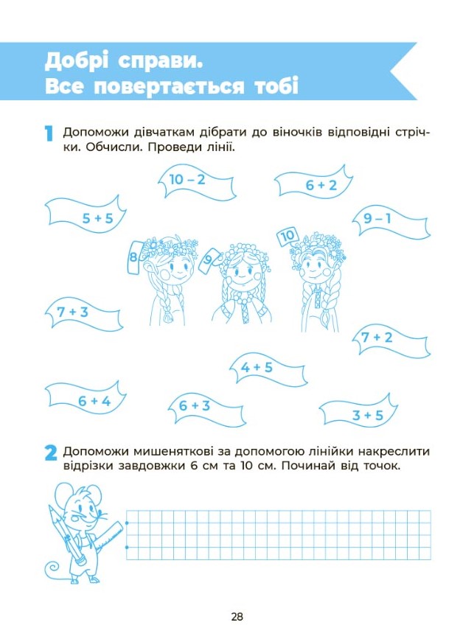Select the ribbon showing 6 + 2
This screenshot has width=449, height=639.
click(x=313, y=184)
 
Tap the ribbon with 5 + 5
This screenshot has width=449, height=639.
click(x=86, y=216)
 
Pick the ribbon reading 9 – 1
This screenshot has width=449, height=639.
click(x=391, y=221)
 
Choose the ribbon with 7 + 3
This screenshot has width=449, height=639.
click(x=83, y=314)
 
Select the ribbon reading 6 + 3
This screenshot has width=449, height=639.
click(x=206, y=408)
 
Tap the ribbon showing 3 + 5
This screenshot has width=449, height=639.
click(x=358, y=411)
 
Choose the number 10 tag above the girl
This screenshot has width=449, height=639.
click(x=288, y=236)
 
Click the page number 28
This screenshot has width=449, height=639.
click(x=237, y=616)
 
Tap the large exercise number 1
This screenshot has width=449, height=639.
click(x=49, y=133)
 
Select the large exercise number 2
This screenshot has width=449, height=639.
click(x=51, y=453)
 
